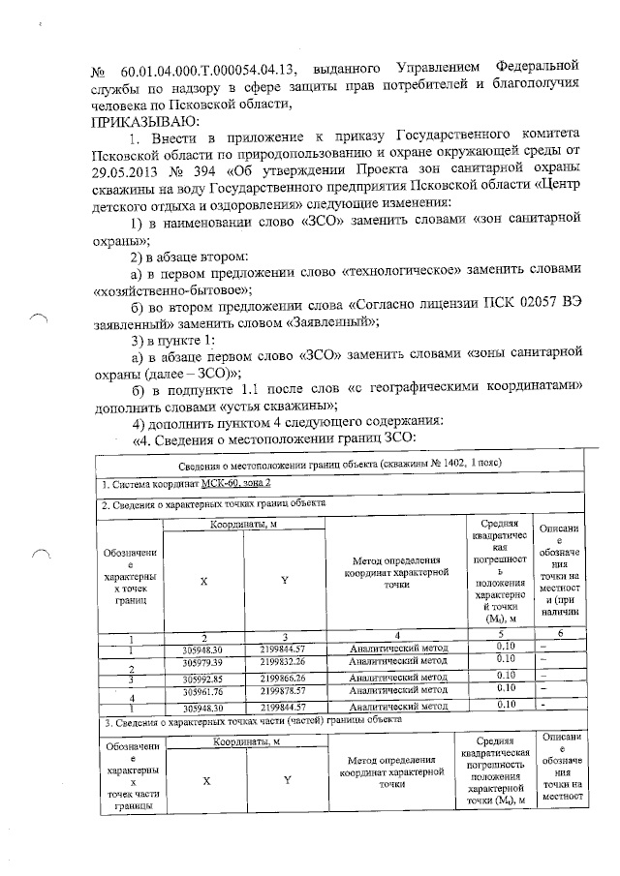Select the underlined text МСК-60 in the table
pos(212,483)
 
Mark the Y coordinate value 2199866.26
pos(283,678)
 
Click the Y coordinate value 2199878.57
pos(283,691)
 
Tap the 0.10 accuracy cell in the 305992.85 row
pos(504,676)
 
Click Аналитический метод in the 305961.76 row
pos(397,691)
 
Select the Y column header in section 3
pos(287,781)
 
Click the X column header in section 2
pos(202,583)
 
